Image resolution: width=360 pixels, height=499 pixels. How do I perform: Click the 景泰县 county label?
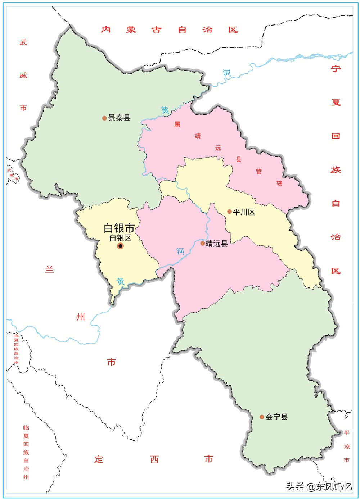click(x=119, y=118)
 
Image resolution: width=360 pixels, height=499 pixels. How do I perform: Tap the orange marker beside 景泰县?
click(x=104, y=118)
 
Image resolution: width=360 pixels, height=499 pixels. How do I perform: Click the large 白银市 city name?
click(x=119, y=228)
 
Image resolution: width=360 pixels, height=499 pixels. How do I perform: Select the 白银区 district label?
click(x=120, y=238)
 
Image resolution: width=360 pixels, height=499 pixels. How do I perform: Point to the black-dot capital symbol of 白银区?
click(x=120, y=246)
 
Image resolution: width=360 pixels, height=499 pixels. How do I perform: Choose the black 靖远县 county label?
click(x=217, y=244)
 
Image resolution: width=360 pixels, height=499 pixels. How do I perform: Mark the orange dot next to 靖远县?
click(x=202, y=244)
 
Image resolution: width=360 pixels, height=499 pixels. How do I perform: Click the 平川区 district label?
click(x=244, y=212)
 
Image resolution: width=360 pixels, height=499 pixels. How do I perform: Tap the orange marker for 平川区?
click(x=229, y=212)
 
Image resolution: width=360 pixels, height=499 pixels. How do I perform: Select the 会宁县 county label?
click(x=276, y=417)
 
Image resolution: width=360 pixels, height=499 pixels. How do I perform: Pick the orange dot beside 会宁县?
click(x=262, y=417)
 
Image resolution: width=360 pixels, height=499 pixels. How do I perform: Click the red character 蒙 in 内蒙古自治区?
click(x=131, y=30)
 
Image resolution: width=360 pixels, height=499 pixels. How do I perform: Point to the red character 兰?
click(x=50, y=269)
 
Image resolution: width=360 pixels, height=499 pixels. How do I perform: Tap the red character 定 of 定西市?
click(x=99, y=459)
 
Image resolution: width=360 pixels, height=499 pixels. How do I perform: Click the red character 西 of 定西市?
click(x=154, y=459)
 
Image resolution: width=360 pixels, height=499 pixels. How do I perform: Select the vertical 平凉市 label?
click(x=347, y=446)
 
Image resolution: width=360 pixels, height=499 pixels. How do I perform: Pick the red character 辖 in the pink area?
click(x=279, y=183)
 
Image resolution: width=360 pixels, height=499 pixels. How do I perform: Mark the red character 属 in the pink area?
click(x=177, y=124)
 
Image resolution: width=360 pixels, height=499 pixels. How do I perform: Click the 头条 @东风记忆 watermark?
click(x=319, y=487)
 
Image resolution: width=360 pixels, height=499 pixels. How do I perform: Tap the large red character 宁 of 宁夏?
click(x=336, y=68)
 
